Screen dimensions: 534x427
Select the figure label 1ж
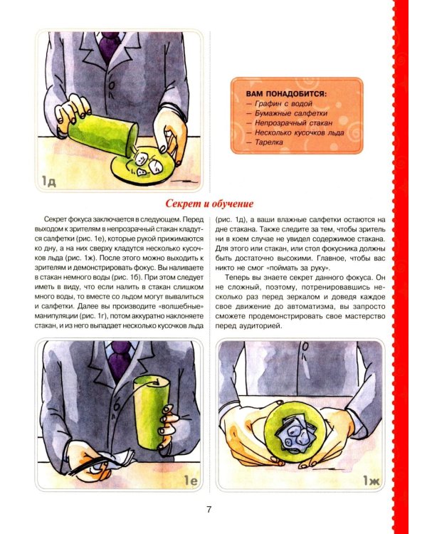pos(371,481)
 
